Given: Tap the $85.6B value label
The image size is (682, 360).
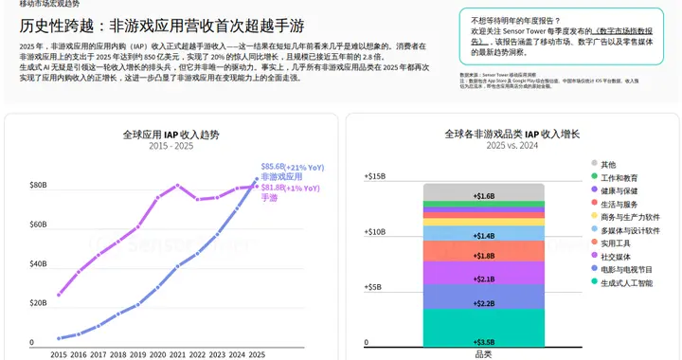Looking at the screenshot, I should [273, 166].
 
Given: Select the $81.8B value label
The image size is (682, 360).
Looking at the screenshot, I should [273, 188].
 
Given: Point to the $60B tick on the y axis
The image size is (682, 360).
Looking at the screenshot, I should [38, 225].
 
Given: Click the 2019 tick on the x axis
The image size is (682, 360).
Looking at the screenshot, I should [139, 354].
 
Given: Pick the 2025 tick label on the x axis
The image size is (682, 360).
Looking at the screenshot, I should [257, 354].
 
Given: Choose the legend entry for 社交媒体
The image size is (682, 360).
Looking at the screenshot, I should [619, 256].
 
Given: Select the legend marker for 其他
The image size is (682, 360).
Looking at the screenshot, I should [594, 164].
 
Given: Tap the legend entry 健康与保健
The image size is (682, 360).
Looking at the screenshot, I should [622, 190].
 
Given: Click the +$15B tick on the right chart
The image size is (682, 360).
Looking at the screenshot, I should [375, 176].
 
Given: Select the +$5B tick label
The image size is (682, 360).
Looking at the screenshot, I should [377, 286].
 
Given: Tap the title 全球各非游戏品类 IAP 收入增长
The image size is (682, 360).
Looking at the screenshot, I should [511, 135].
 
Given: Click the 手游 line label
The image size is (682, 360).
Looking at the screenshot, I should [270, 198].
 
